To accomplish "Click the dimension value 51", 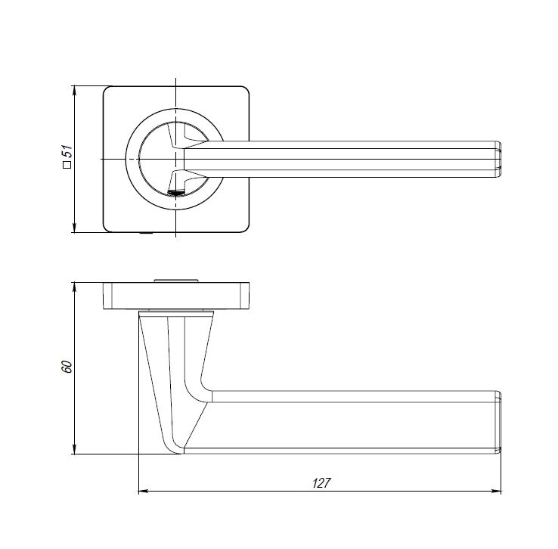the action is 67,151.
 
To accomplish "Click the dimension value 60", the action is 67,367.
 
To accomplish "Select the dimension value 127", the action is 321,483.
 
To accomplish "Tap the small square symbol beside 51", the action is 67,165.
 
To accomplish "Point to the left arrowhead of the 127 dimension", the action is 143,492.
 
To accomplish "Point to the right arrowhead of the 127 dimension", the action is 496,492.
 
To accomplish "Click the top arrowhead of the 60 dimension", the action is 74,287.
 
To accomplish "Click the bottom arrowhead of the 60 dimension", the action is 74,449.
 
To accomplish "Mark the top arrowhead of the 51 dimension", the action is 74,91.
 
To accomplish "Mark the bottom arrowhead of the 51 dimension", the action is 74,228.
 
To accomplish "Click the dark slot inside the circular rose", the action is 175,193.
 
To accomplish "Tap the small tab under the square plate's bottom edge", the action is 146,233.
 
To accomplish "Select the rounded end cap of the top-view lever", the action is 498,159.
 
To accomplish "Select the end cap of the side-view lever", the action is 498,422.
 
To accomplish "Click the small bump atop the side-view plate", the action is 176,281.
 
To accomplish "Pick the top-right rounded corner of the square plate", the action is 244,91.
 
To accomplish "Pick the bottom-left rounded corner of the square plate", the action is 108,228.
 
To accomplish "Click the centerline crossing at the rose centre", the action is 176,159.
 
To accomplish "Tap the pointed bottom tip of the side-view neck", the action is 180,453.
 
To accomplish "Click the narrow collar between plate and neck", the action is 176,312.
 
